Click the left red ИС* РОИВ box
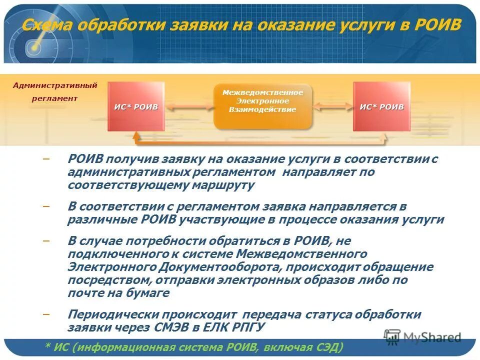pos(135,106)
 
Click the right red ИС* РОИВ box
pos(381,106)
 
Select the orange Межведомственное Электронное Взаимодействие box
pos(262,105)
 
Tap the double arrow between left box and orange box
pos(189,106)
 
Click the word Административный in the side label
pos(55,85)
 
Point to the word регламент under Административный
pos(55,98)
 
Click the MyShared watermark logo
pos(422,337)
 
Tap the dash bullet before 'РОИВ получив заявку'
pos(46,159)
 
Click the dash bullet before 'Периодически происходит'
pos(46,314)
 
